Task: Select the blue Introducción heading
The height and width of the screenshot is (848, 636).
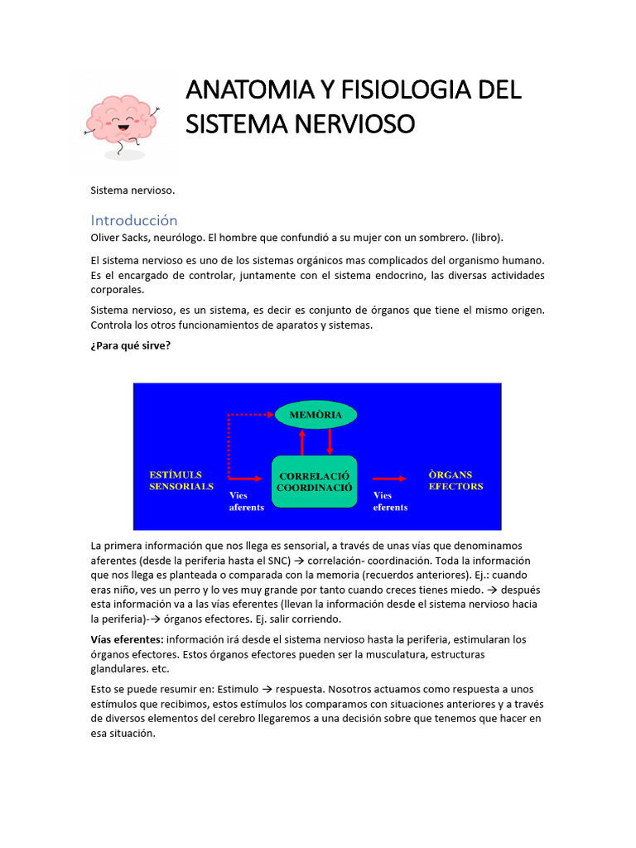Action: coord(134,220)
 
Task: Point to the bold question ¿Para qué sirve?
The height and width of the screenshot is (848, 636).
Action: coord(131,345)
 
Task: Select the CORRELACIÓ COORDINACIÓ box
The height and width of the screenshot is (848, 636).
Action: coord(315,482)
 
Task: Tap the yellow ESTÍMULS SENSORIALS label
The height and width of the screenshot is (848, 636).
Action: coord(181,480)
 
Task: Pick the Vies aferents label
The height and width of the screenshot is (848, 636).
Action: coord(246,501)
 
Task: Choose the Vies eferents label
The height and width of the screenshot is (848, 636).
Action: coord(390,501)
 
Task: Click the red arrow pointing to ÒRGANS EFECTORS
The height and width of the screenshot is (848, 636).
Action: coord(388,478)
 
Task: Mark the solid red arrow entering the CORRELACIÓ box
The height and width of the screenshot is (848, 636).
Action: coord(248,478)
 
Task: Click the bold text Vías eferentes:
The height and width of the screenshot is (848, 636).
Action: coord(127,639)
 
